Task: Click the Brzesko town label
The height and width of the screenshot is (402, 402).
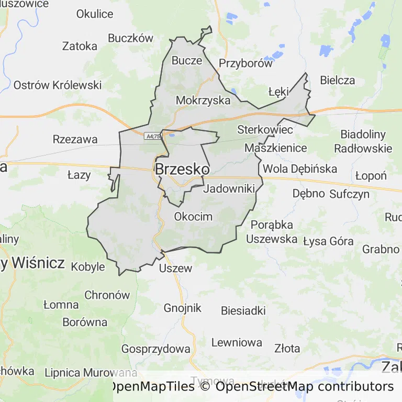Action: point(182,170)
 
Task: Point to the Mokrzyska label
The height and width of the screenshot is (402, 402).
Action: point(203,100)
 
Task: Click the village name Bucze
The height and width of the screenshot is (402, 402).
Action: point(187,60)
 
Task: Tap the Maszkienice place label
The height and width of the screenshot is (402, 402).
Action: point(276,148)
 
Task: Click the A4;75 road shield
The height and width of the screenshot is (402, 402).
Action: point(152,136)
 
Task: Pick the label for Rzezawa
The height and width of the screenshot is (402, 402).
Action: point(75,139)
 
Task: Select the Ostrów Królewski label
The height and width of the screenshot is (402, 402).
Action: point(58,85)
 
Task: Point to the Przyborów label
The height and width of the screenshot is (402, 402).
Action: point(245,64)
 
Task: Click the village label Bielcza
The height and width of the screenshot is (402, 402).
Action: point(337,81)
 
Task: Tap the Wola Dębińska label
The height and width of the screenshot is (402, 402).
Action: point(300,169)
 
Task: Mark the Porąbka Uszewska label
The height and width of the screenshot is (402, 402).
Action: point(272,231)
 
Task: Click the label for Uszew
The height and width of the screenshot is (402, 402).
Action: point(175,269)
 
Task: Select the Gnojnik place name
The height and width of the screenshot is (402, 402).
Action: point(182,308)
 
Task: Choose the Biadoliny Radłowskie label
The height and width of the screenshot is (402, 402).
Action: point(363,141)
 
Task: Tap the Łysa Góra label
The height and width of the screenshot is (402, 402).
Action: point(328,241)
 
